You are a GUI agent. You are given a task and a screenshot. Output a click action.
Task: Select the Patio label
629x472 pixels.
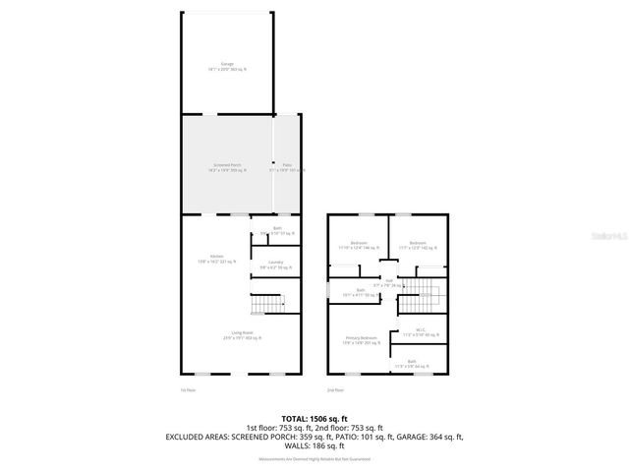coord(287,167)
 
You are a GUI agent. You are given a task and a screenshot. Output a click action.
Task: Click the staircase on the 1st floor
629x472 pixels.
coord(266,305)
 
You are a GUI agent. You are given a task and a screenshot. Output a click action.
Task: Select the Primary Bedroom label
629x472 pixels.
coord(361,340)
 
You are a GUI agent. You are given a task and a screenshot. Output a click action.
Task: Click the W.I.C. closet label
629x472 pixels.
coord(420,332)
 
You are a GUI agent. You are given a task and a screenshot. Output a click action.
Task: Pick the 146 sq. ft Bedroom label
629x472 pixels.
coord(358,245)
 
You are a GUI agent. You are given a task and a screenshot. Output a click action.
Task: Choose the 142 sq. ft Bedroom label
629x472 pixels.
coord(417,245)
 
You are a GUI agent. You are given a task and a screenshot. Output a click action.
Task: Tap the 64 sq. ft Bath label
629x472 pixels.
coord(413,364)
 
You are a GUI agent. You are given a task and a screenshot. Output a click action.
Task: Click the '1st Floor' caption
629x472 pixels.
coord(188,390)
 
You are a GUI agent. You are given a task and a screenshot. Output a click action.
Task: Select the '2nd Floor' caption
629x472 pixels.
coord(335,390)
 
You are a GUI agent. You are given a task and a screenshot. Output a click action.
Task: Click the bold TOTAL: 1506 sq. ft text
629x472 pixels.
coord(314,418)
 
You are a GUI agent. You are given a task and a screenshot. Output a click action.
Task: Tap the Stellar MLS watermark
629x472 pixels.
coord(609,236)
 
